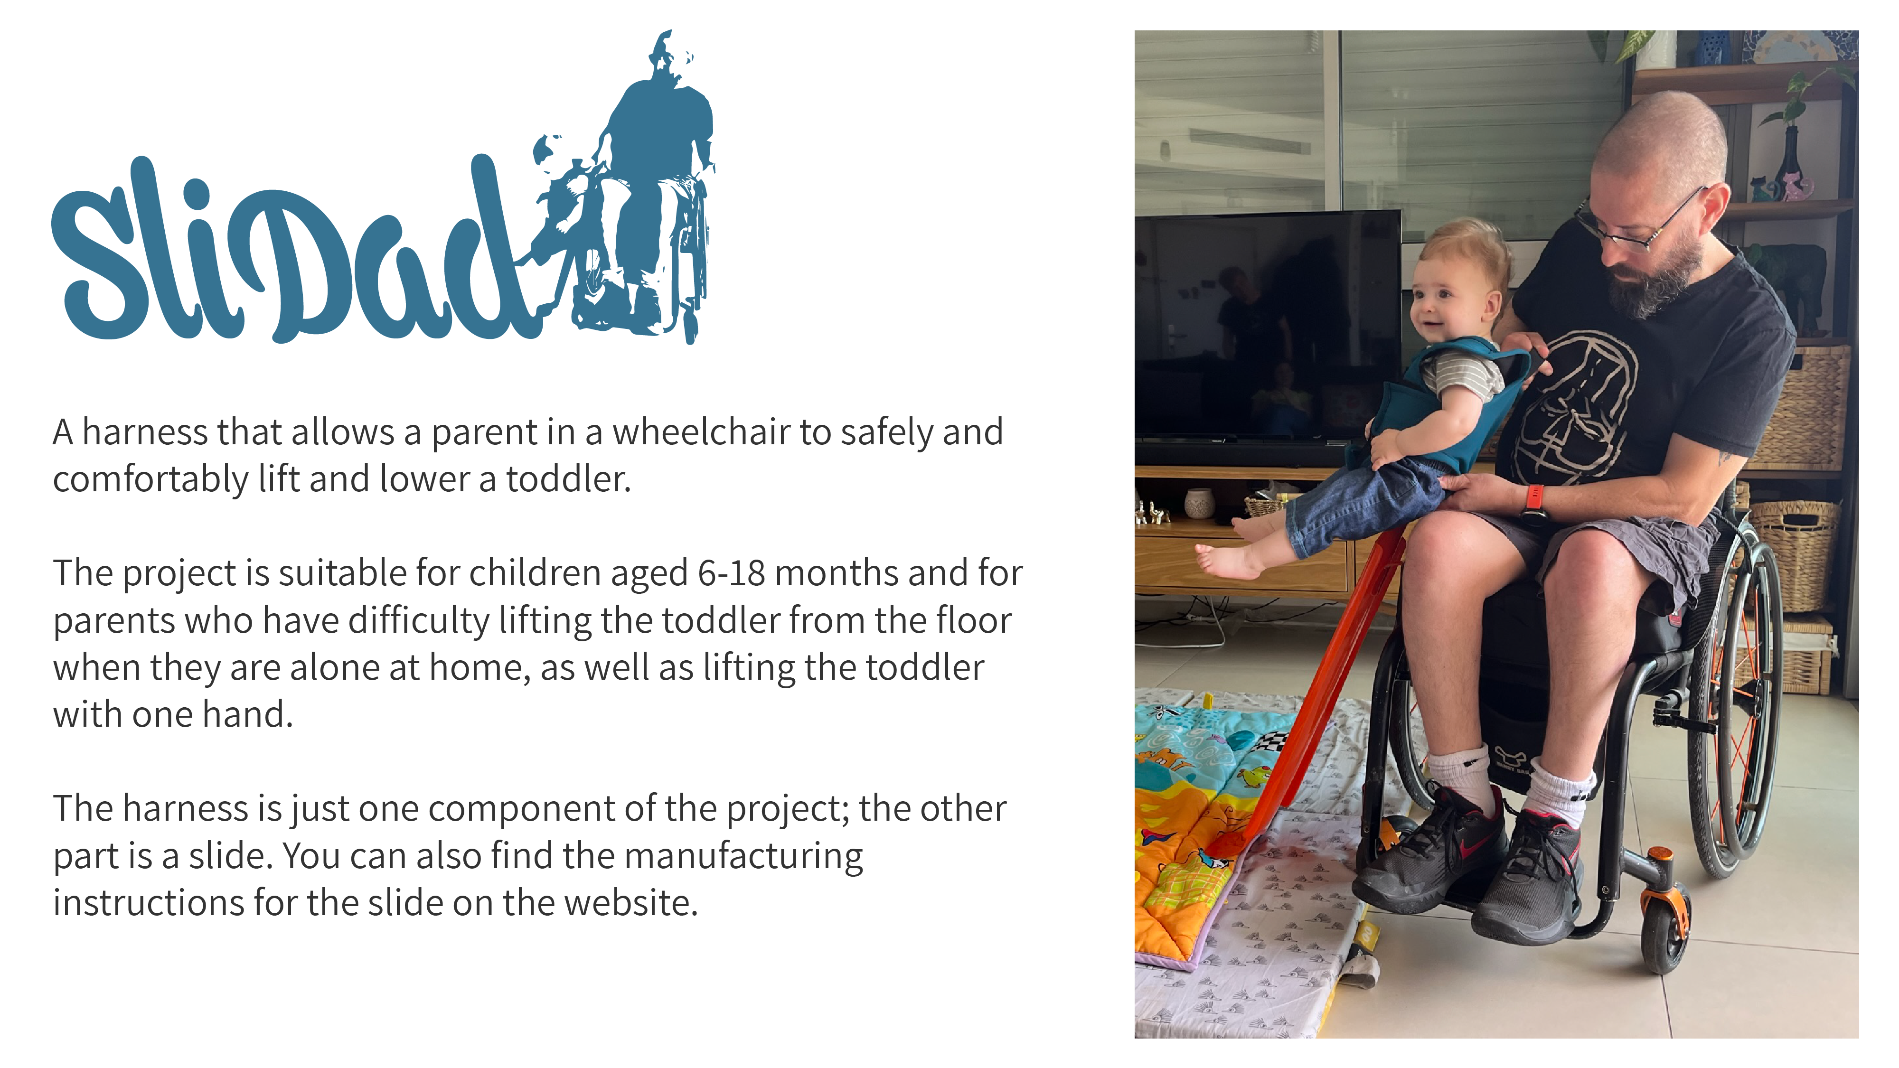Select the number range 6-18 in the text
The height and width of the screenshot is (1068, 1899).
coord(731,573)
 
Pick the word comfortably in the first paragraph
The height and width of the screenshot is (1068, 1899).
coord(150,480)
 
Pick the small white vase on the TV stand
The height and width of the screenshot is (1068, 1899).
coord(1199,504)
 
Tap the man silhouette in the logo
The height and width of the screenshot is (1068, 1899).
coord(656,184)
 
